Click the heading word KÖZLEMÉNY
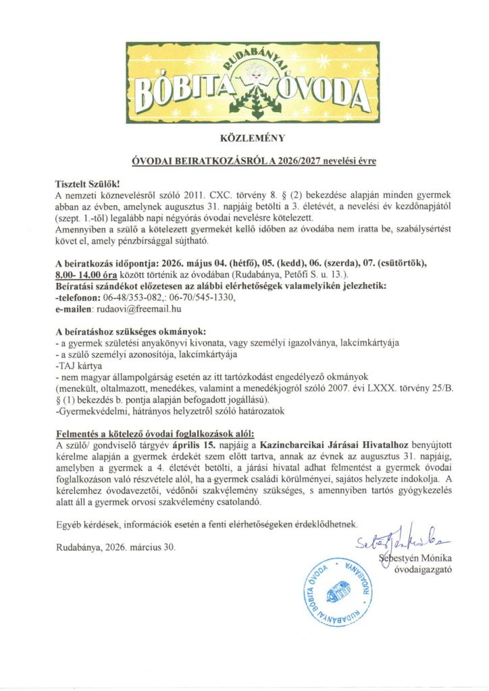244,139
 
